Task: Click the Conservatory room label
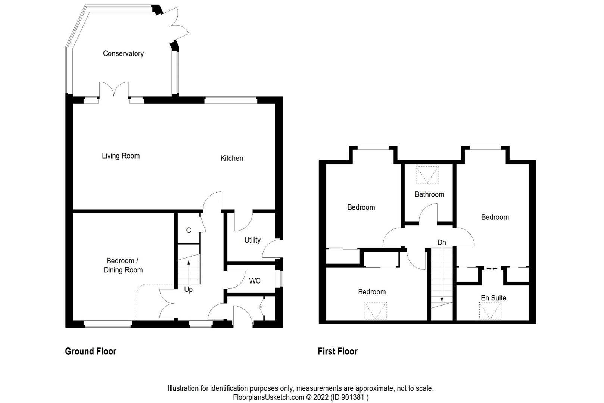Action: (123, 54)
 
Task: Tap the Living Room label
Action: (121, 156)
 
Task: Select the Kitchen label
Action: (231, 158)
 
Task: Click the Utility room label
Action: (252, 240)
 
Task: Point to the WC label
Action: (255, 281)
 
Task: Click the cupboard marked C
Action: (189, 231)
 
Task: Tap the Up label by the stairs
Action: (188, 290)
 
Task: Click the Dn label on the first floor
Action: (442, 243)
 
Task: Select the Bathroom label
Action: (429, 194)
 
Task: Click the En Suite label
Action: (493, 298)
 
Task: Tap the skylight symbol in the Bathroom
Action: (427, 175)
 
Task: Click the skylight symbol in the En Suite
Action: (490, 310)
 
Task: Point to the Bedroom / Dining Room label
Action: (123, 265)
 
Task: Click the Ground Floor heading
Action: (91, 351)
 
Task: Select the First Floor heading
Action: (337, 351)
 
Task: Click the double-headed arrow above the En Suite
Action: (492, 268)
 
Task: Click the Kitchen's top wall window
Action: (231, 100)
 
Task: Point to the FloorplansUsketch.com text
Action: (268, 397)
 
